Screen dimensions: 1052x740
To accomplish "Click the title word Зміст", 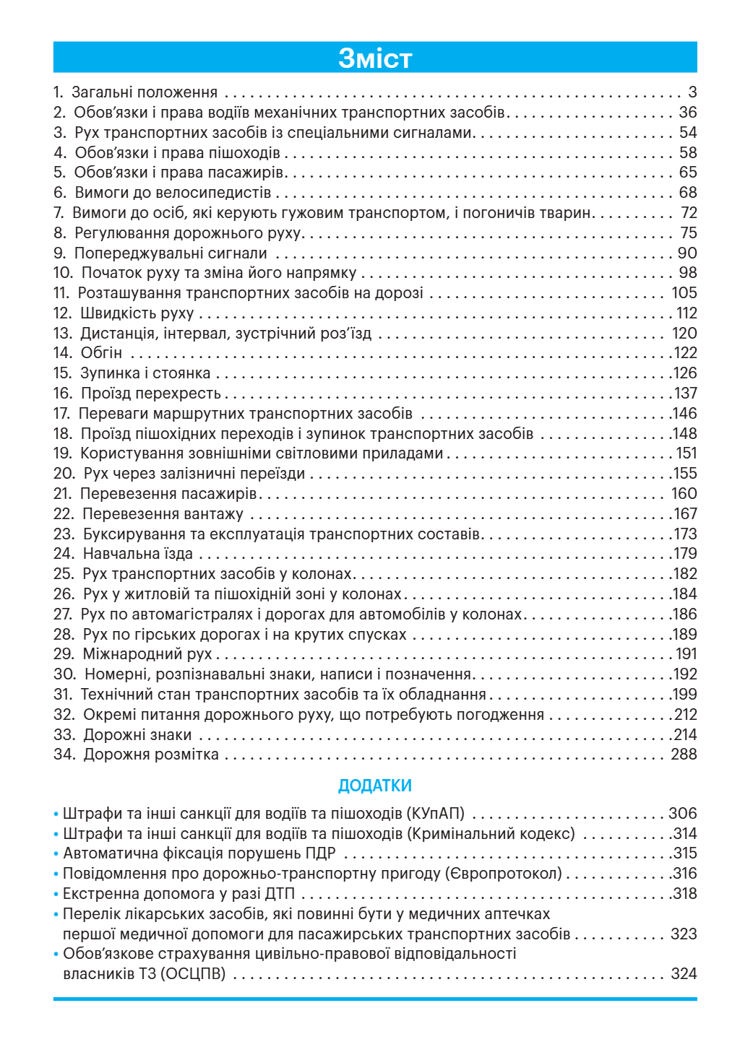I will click(374, 58).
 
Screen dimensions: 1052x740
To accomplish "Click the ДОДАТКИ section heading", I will click(374, 786).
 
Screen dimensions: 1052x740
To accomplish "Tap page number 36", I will click(688, 113).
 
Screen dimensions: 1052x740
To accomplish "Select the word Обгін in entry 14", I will click(101, 353).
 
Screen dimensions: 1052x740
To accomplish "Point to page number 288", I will click(684, 755).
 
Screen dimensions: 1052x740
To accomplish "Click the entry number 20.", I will click(64, 474).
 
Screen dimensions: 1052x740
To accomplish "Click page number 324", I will click(684, 974).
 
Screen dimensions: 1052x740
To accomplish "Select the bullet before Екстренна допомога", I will click(56, 895).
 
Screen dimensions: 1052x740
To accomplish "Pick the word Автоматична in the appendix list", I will click(106, 853).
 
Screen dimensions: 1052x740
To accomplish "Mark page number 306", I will click(683, 814).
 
